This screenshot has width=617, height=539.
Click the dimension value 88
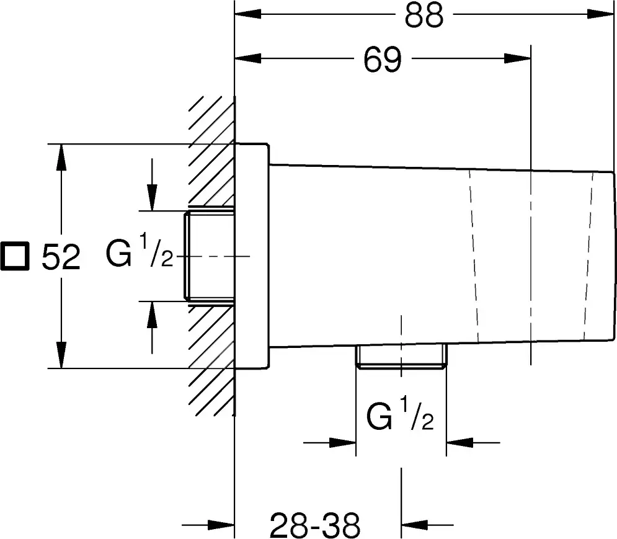pyautogui.click(x=424, y=16)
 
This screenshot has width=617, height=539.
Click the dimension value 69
pyautogui.click(x=383, y=60)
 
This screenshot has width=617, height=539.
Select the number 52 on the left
pyautogui.click(x=61, y=257)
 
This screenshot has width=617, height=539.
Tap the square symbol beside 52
pyautogui.click(x=14, y=256)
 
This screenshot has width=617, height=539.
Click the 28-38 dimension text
pyautogui.click(x=315, y=525)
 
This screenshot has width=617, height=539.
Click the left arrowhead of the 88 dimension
pyautogui.click(x=248, y=14)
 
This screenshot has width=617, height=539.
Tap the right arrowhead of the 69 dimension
pyautogui.click(x=517, y=59)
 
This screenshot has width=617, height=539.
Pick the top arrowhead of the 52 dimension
pyautogui.click(x=61, y=158)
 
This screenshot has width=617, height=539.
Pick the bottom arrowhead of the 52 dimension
pyautogui.click(x=61, y=355)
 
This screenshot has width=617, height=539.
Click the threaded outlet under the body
pyautogui.click(x=401, y=357)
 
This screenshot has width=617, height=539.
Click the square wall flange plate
pyautogui.click(x=252, y=256)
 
